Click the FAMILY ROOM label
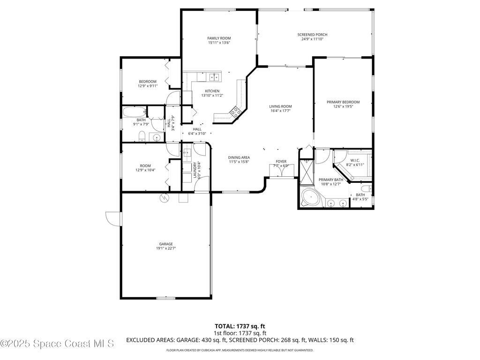(219, 38)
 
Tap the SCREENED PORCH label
(312, 35)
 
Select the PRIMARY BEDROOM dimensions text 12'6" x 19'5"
(343, 106)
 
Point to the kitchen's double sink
(215, 77)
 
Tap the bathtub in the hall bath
(135, 112)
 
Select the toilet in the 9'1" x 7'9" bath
(142, 136)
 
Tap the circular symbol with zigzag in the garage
(164, 198)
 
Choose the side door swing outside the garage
(113, 218)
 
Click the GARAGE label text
(166, 244)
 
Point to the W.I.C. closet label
(355, 160)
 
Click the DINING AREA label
(239, 157)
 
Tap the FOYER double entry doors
(281, 171)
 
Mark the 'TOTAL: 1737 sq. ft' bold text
(238, 326)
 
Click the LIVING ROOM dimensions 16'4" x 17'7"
(280, 111)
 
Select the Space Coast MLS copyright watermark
(57, 344)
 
